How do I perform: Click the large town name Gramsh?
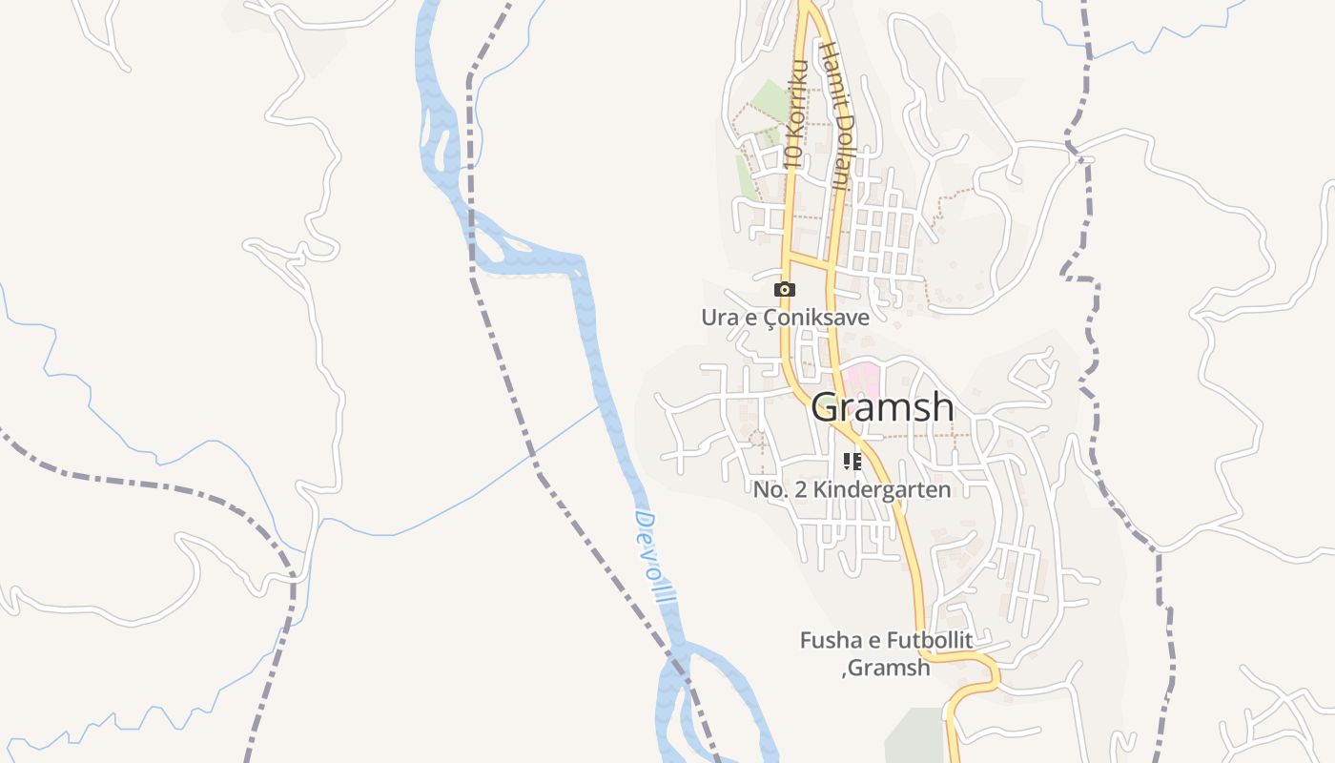(882, 407)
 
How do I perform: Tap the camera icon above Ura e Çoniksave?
(785, 289)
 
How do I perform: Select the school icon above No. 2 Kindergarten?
(852, 462)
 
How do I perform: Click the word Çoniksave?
(818, 318)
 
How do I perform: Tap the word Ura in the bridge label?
(720, 318)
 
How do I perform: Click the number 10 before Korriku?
(791, 156)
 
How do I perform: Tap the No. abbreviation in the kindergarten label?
(770, 490)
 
